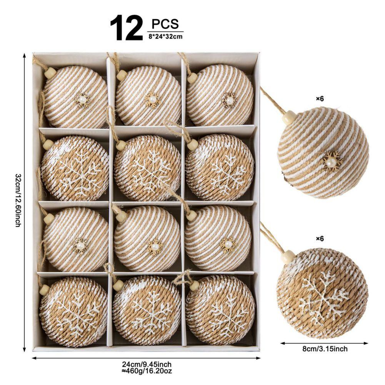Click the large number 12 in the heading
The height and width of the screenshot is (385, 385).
pos(127,28)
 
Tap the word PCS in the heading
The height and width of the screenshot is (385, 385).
pos(165,24)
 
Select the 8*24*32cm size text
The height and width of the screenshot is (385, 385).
pos(165,37)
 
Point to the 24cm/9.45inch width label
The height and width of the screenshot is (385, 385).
pos(147,364)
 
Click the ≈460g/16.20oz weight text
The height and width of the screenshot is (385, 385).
pos(147,371)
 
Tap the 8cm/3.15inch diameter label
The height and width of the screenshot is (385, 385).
pos(325,349)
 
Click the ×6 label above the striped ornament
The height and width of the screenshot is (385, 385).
pos(320,99)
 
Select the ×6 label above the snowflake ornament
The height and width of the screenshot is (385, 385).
pos(320,238)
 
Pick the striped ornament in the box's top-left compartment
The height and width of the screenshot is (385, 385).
pos(75,97)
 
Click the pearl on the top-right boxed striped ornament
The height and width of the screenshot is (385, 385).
pos(230,100)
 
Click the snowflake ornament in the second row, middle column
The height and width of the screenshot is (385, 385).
pos(147,168)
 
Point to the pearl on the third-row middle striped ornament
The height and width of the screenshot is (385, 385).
pos(155,246)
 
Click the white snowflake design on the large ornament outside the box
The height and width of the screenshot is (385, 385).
pos(323,296)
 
